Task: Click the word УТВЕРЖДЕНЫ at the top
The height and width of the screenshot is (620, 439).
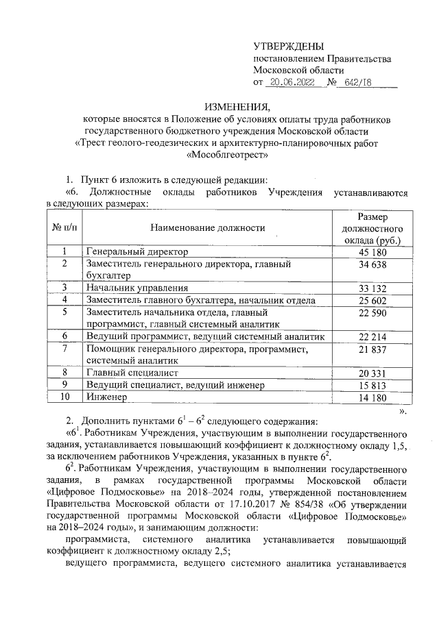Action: point(287,46)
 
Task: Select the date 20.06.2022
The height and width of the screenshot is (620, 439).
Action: point(291,84)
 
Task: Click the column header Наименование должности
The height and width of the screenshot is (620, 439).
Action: point(208,227)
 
